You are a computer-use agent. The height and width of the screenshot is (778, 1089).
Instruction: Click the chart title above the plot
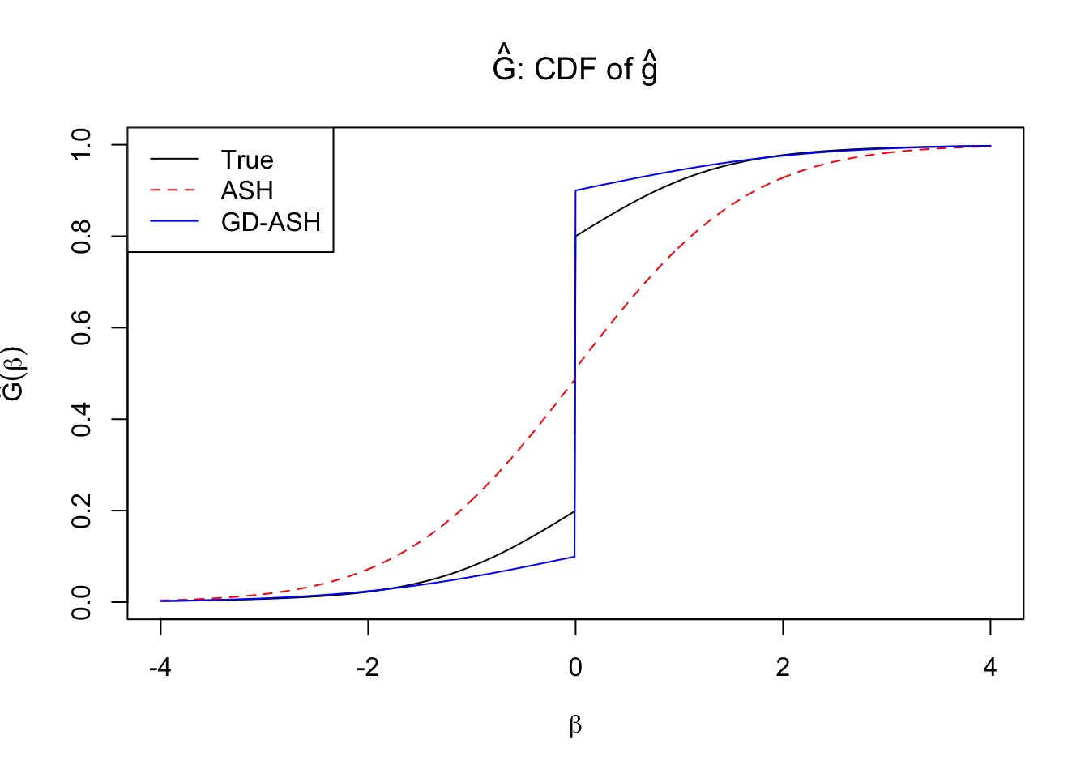[x=574, y=68]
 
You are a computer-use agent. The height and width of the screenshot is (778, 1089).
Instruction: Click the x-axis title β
[x=575, y=725]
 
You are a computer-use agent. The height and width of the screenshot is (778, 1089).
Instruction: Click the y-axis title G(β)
[x=15, y=374]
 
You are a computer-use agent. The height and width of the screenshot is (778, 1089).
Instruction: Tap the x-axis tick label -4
[x=160, y=668]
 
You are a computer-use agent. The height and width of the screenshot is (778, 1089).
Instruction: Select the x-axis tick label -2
[x=368, y=668]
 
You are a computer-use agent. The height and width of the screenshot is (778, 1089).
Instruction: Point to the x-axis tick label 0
[x=575, y=668]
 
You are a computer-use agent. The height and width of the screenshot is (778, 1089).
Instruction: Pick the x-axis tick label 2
[x=783, y=668]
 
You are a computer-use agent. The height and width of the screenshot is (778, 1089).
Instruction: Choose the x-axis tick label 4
[x=990, y=668]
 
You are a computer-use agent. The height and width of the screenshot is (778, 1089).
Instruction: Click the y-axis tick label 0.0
[x=82, y=602]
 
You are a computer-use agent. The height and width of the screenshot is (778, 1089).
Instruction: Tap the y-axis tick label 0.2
[x=82, y=511]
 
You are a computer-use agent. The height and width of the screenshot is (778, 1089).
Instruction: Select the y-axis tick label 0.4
[x=82, y=419]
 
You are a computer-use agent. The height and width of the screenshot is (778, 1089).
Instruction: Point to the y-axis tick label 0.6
[x=82, y=327]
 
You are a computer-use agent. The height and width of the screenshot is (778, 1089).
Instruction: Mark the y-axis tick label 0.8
[x=82, y=236]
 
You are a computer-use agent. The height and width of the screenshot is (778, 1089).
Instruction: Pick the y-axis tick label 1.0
[x=82, y=144]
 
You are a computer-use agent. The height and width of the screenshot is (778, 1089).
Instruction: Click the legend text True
[x=247, y=160]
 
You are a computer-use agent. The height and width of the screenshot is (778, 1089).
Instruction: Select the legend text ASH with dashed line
[x=247, y=190]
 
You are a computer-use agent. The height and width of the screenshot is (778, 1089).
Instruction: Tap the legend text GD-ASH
[x=271, y=222]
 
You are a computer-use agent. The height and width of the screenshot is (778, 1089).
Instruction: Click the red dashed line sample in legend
[x=174, y=190]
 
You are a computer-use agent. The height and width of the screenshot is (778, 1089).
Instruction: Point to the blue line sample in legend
[x=174, y=221]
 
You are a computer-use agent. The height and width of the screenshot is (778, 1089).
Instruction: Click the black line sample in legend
[x=174, y=160]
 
